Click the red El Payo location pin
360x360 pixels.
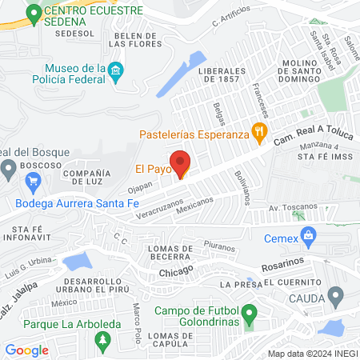click(x=181, y=162)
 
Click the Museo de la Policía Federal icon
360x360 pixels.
click(x=114, y=74)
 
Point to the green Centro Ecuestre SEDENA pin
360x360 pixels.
click(x=33, y=13)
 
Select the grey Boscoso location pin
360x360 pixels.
click(x=8, y=168)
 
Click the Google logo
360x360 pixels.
click(x=26, y=350)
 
